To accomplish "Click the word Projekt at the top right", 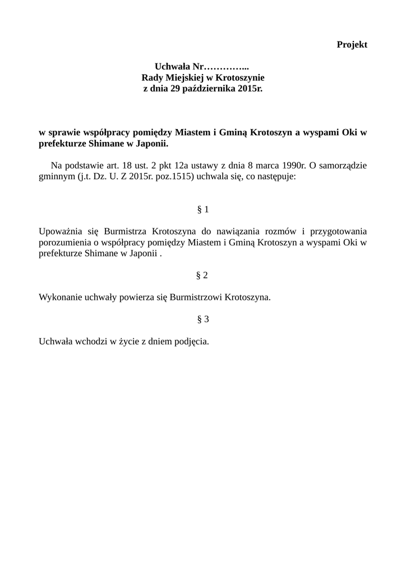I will [352, 45].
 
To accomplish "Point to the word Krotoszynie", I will [239, 77].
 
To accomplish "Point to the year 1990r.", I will [292, 165].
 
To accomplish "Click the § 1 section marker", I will [203, 209].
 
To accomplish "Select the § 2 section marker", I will [202, 275].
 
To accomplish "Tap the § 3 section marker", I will [203, 319].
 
